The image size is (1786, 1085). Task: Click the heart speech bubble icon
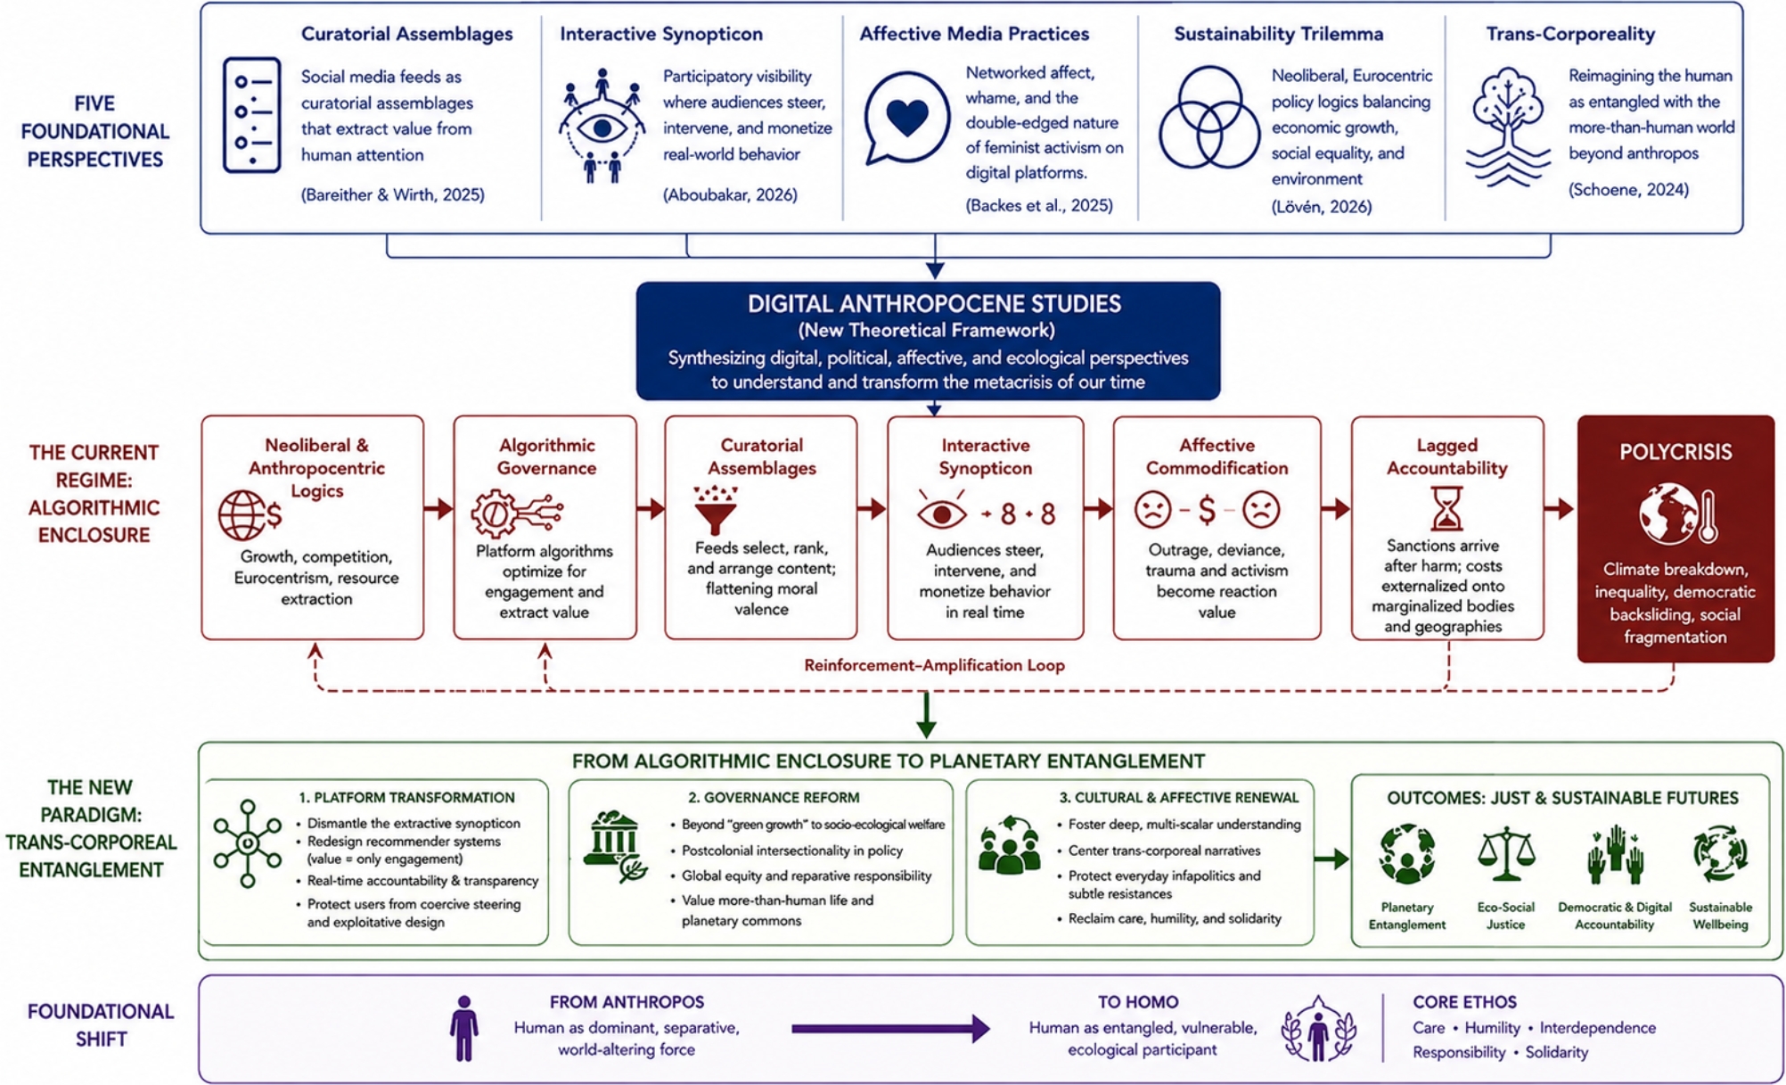(906, 119)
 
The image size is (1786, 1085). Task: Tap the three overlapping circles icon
(1208, 118)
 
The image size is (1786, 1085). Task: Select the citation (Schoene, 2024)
(1628, 189)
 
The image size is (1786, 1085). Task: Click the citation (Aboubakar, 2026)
(730, 194)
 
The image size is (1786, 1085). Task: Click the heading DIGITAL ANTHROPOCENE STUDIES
(934, 304)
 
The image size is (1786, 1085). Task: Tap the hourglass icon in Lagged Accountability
(1446, 508)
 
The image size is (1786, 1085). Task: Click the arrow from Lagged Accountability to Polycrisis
(1560, 509)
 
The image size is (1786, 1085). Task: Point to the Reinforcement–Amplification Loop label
(934, 665)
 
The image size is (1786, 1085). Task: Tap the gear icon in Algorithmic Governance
(494, 513)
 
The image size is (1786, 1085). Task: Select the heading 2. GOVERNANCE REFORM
(774, 797)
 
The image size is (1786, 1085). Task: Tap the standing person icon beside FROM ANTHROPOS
(463, 1028)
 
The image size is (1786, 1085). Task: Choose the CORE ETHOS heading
(1464, 1002)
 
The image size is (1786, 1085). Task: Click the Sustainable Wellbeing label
(1720, 916)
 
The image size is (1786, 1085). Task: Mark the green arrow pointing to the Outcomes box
(1331, 859)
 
